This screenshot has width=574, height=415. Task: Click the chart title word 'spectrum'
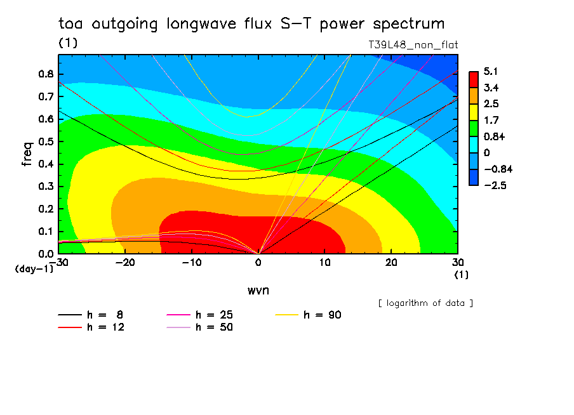tap(409, 24)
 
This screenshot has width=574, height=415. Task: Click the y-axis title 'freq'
tap(27, 154)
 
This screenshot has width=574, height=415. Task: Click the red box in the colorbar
tap(473, 79)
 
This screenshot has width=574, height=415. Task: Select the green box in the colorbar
tap(473, 128)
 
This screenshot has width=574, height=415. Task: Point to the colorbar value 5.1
tap(490, 71)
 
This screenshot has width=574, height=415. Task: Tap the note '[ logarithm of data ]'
tap(425, 303)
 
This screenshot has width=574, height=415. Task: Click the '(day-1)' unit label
tap(34, 269)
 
